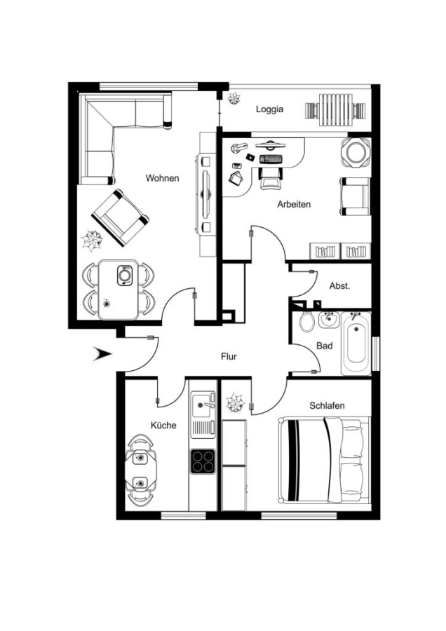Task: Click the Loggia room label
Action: [x=270, y=109]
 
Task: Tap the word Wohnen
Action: [x=162, y=178]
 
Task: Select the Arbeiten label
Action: [x=294, y=204]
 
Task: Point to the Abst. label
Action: [x=339, y=286]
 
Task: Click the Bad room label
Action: [x=325, y=346]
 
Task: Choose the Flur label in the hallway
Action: [x=229, y=356]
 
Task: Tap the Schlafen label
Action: [x=327, y=405]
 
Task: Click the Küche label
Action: [x=163, y=425]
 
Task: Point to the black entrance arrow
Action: [x=102, y=354]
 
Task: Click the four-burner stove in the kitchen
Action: [x=203, y=461]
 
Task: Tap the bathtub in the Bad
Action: [x=356, y=344]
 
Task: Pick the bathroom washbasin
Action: [x=330, y=320]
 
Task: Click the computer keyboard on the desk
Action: [x=271, y=159]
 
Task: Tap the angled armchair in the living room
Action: [x=120, y=218]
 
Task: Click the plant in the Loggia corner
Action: [x=233, y=98]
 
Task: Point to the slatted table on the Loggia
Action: [x=335, y=110]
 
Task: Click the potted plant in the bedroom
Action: [x=235, y=402]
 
